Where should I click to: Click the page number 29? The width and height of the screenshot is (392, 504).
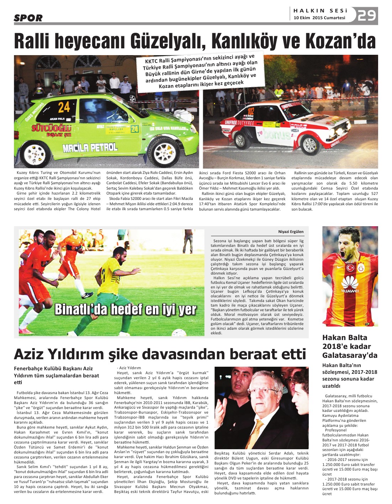click(x=367, y=15)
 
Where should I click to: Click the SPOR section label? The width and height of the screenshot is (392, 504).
click(x=28, y=18)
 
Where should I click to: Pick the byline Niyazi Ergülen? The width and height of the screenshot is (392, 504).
click(x=291, y=232)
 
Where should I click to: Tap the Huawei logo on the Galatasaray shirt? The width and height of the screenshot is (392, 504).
click(x=350, y=285)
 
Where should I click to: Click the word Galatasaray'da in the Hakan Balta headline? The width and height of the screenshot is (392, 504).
click(x=350, y=355)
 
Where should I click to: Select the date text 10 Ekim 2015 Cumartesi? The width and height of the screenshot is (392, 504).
click(x=319, y=18)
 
